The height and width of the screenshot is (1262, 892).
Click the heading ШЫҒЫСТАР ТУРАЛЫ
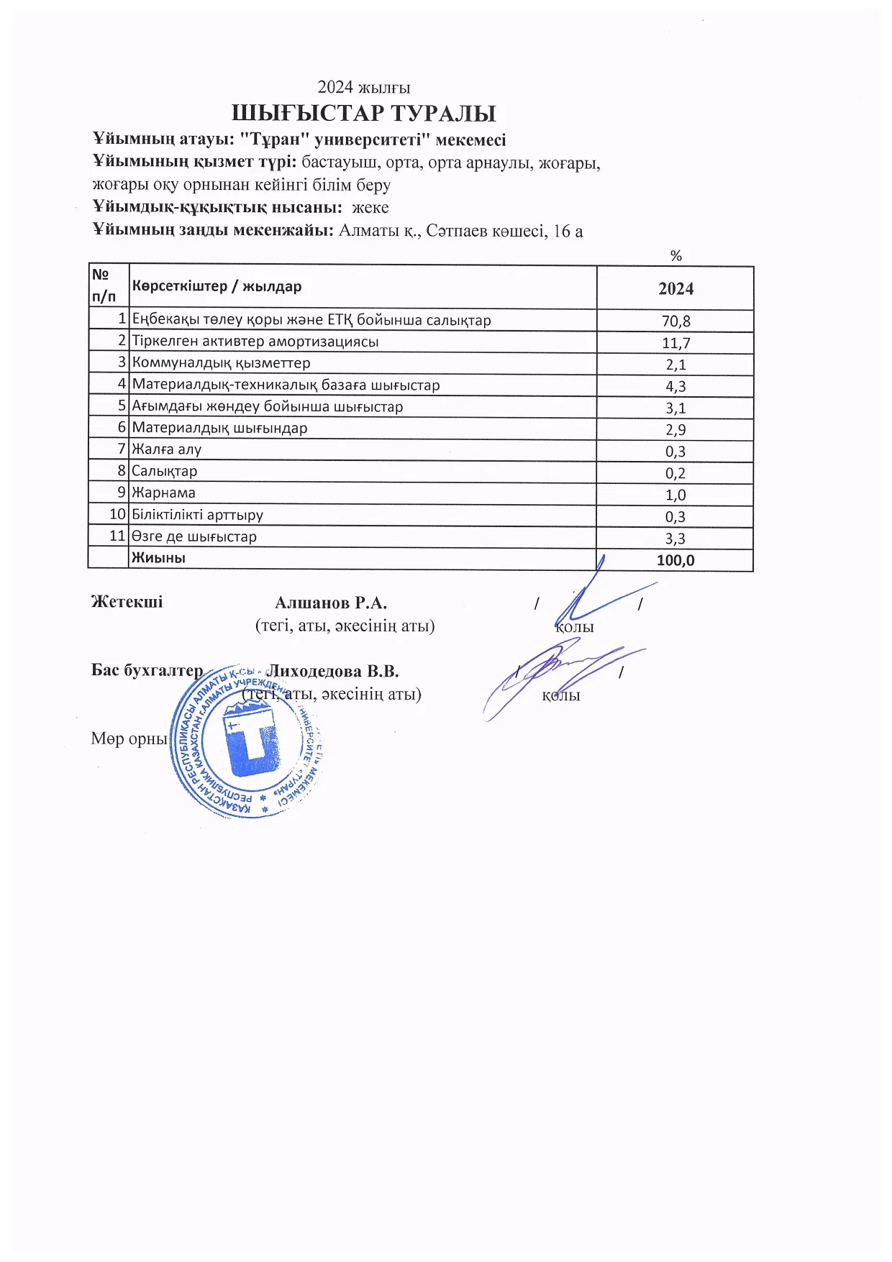point(363,114)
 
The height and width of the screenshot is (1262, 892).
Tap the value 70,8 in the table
point(675,321)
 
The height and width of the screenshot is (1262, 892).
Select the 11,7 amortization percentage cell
point(675,343)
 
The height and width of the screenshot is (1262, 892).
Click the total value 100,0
point(675,560)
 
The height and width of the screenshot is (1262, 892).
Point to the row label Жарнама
point(163,493)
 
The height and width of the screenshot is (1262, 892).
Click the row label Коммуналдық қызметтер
point(221,363)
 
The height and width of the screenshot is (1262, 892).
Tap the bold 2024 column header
point(675,288)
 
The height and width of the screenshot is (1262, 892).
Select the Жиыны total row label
point(158,557)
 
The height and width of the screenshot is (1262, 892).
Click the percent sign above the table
point(675,256)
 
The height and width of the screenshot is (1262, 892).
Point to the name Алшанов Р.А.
point(331,603)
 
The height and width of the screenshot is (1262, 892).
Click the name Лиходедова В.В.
point(333,671)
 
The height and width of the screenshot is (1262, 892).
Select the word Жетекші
point(127,602)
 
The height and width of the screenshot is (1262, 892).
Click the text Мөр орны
point(129,739)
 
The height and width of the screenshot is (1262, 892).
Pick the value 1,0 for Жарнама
point(675,495)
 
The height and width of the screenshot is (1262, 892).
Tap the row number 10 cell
point(117,514)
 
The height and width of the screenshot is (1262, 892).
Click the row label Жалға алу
point(166,449)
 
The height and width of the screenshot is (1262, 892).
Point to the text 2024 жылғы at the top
point(364,88)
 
